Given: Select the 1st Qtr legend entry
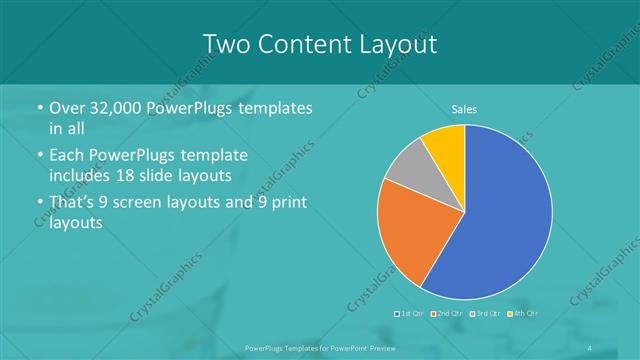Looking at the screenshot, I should (410, 314).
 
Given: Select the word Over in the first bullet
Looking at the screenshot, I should (66, 108).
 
